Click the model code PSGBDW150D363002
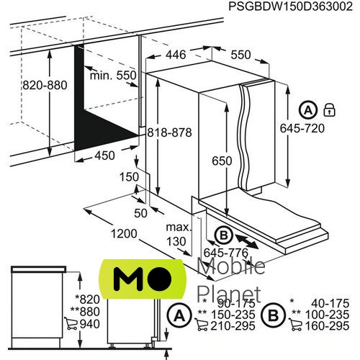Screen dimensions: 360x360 (290, 6)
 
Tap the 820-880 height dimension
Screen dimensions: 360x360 (45, 85)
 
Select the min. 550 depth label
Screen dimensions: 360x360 (113, 76)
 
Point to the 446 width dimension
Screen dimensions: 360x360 (176, 55)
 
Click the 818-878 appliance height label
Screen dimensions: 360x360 (169, 132)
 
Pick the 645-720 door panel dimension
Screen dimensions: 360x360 (302, 128)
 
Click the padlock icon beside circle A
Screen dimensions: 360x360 (329, 110)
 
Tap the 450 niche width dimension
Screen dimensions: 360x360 (104, 156)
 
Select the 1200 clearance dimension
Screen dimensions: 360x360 (124, 233)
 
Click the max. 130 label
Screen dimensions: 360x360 (179, 234)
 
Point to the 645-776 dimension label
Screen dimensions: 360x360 (226, 253)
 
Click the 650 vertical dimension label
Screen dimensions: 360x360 (222, 161)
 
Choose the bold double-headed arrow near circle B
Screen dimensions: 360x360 (247, 242)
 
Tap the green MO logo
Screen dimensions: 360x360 (143, 279)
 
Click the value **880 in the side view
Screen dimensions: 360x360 (85, 312)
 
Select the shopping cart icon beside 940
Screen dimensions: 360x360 (71, 323)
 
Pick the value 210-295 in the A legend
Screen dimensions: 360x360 (233, 325)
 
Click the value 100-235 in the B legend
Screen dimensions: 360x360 (327, 315)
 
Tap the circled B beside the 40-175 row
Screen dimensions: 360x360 (273, 315)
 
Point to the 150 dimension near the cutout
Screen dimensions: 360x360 (129, 177)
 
